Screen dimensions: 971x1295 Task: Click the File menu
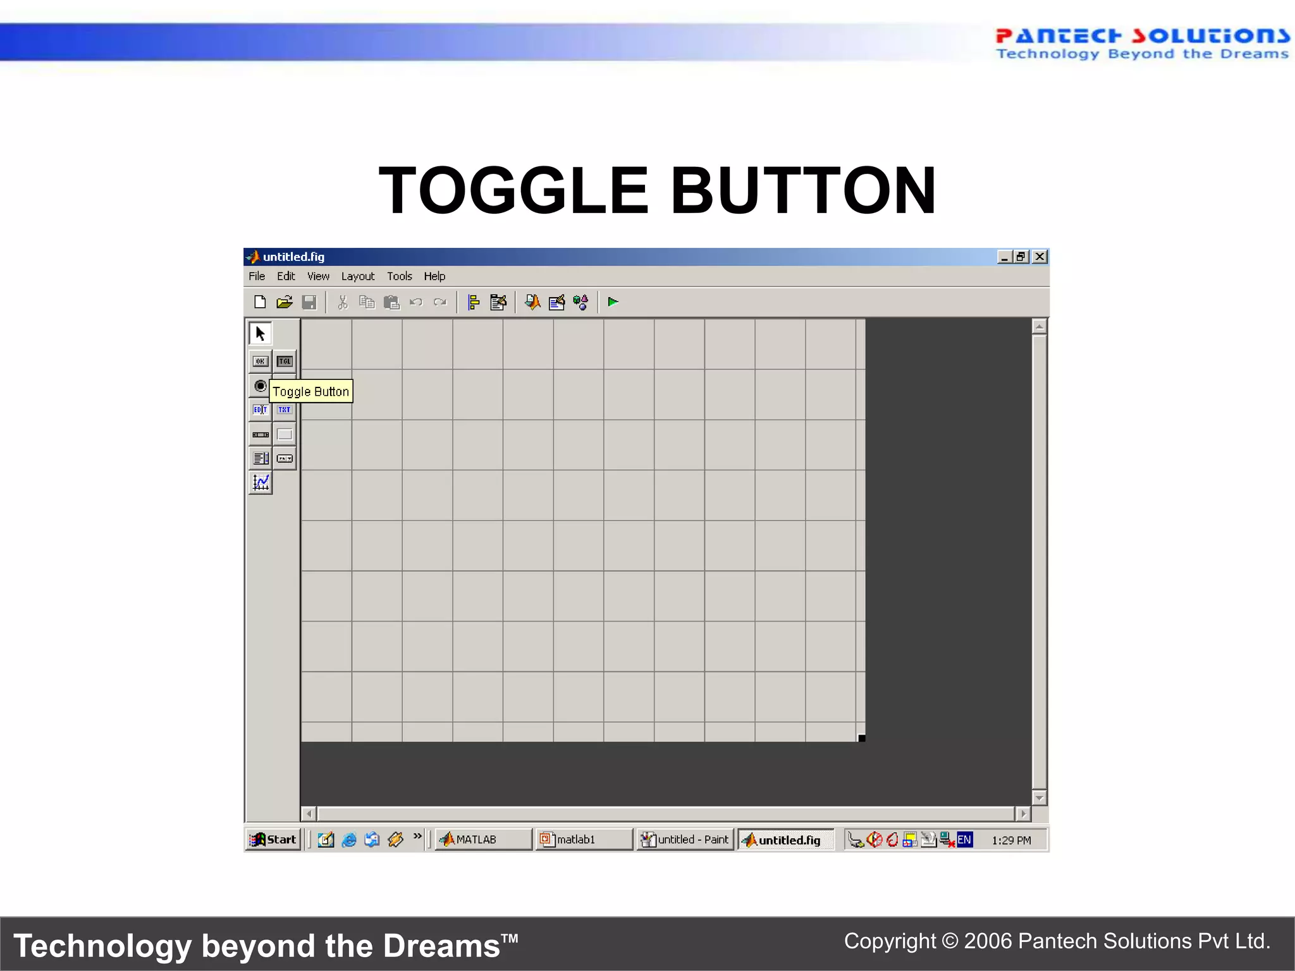tap(257, 276)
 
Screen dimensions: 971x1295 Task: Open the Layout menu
tap(358, 276)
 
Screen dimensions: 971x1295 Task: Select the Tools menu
tap(399, 276)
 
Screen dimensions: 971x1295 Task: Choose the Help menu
tap(434, 276)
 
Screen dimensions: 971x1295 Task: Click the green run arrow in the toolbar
tap(613, 302)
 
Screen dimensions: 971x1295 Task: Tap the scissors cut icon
tap(343, 303)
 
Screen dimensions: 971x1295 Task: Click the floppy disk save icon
tap(309, 303)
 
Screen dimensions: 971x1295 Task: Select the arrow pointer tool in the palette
tap(261, 333)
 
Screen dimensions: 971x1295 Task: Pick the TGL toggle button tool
tap(285, 362)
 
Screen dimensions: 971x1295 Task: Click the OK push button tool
tap(261, 362)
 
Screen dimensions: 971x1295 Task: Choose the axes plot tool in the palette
tap(261, 483)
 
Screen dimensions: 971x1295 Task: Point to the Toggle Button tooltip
tap(310, 392)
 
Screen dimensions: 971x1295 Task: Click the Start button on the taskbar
tap(274, 840)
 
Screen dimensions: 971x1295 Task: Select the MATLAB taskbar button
tap(483, 840)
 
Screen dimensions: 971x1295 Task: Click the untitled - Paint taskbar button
tap(685, 840)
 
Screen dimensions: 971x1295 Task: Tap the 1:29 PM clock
tap(1011, 840)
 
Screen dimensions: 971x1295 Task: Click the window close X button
tap(1040, 257)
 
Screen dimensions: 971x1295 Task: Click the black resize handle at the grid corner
tap(862, 738)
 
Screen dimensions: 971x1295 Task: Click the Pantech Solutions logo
tap(1142, 43)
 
